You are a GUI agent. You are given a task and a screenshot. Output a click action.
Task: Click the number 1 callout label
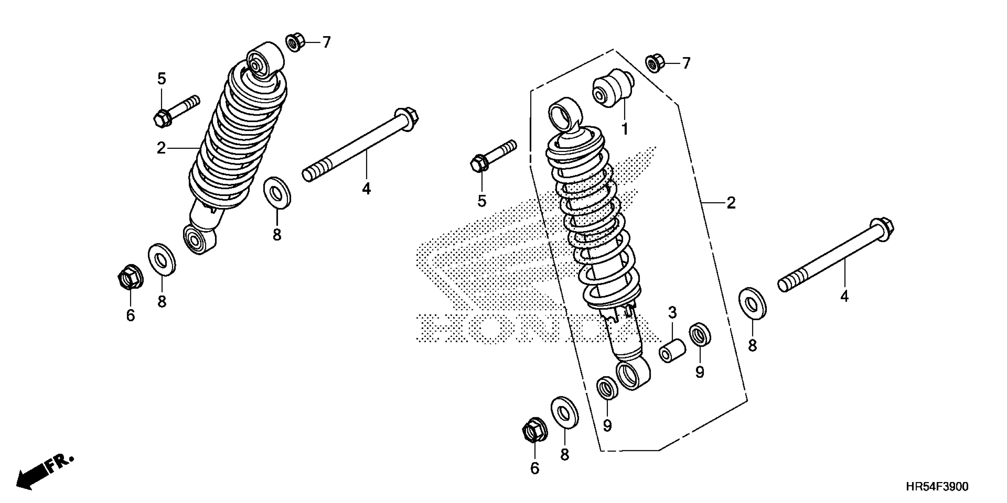click(x=625, y=129)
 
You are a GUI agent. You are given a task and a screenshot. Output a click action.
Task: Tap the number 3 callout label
click(x=672, y=312)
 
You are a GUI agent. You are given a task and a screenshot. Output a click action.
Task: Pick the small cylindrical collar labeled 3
click(x=672, y=351)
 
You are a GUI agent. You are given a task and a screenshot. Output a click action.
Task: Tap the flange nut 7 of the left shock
click(x=295, y=42)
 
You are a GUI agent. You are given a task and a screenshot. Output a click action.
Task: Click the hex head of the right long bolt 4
click(x=882, y=227)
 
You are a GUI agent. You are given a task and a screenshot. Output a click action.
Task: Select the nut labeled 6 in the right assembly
click(x=534, y=431)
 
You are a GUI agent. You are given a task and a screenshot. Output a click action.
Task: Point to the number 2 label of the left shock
click(x=161, y=149)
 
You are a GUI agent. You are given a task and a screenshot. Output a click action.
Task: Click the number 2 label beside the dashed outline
click(x=731, y=203)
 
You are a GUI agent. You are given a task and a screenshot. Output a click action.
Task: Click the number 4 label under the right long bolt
click(x=844, y=297)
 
